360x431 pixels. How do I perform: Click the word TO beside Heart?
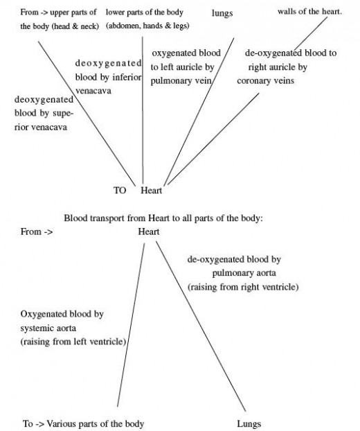point(120,191)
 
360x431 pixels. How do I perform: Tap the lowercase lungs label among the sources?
point(222,13)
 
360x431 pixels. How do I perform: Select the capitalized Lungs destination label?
point(249,423)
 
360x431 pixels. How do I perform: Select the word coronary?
point(254,81)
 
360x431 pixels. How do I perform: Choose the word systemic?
point(35,328)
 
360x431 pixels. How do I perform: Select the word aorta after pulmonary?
point(264,273)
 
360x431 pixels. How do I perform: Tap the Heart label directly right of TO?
point(152,191)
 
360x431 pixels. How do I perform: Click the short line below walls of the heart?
point(310,33)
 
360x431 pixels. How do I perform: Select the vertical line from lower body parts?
point(143,110)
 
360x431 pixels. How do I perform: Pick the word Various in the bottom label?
point(61,423)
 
